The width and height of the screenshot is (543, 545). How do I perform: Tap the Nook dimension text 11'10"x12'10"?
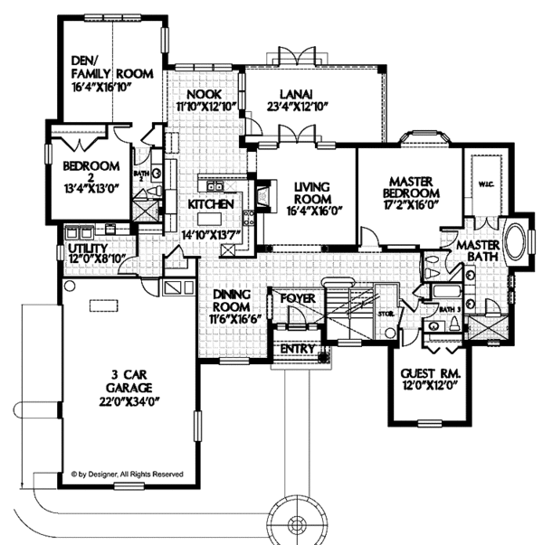tap(205, 106)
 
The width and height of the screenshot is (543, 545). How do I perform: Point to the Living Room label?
tap(311, 192)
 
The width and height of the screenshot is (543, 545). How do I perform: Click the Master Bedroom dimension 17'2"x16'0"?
tap(407, 205)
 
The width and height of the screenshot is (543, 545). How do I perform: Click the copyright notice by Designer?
tap(127, 473)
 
